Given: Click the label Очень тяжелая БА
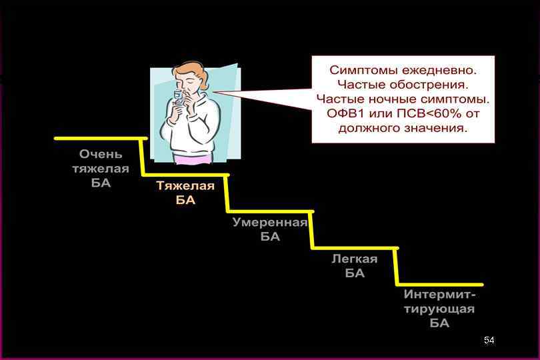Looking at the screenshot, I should click(101, 169).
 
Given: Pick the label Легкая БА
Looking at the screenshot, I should click(355, 266).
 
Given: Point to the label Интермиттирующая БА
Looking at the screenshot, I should click(439, 309).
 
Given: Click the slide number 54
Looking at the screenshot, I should click(489, 341).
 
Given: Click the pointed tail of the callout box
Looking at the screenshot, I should click(227, 91).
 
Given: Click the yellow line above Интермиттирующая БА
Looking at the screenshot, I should click(440, 285).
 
